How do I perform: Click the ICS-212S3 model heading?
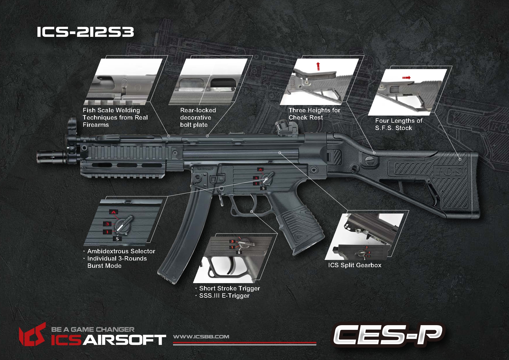click(85, 32)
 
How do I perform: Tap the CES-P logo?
click(388, 335)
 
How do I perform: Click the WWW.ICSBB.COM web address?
click(201, 337)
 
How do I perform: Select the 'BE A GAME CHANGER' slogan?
click(93, 330)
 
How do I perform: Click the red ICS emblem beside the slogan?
click(33, 335)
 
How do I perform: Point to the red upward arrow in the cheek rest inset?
click(318, 66)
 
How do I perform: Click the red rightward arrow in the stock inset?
click(406, 78)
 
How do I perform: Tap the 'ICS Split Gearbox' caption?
click(355, 265)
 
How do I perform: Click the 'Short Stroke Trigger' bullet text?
click(230, 288)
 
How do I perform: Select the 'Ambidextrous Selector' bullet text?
click(121, 251)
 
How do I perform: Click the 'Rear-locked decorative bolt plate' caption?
click(198, 117)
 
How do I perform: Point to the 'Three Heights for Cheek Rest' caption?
click(314, 114)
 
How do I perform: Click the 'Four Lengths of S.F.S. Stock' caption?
click(398, 124)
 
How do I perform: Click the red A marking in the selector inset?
click(113, 212)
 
